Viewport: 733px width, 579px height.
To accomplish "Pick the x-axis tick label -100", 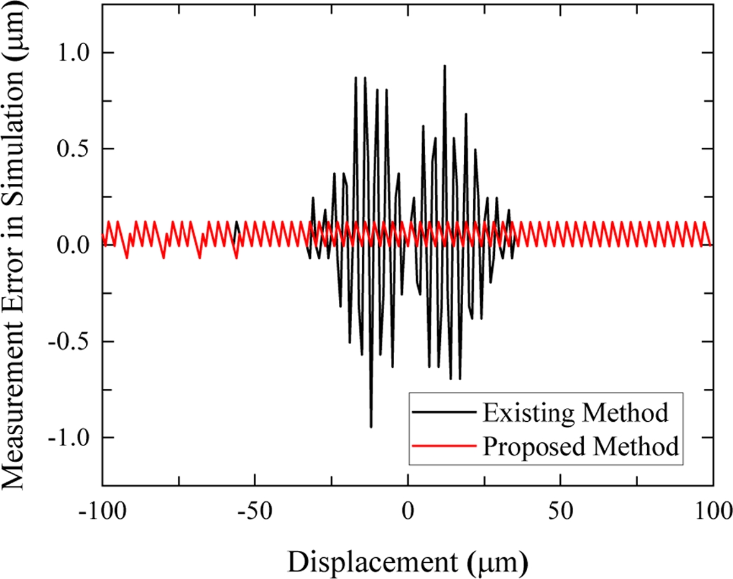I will click(x=103, y=515).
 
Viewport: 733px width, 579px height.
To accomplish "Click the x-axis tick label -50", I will click(x=256, y=515).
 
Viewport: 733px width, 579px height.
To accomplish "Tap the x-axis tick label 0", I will click(x=408, y=515).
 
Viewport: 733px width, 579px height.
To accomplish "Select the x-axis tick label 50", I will click(x=561, y=515).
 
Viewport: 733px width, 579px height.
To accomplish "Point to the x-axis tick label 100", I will click(x=712, y=515).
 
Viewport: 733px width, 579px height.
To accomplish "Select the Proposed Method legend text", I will click(x=580, y=447).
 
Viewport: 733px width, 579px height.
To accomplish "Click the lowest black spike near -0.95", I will click(x=371, y=426).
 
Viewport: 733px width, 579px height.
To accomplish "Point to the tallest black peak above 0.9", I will click(x=445, y=66).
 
